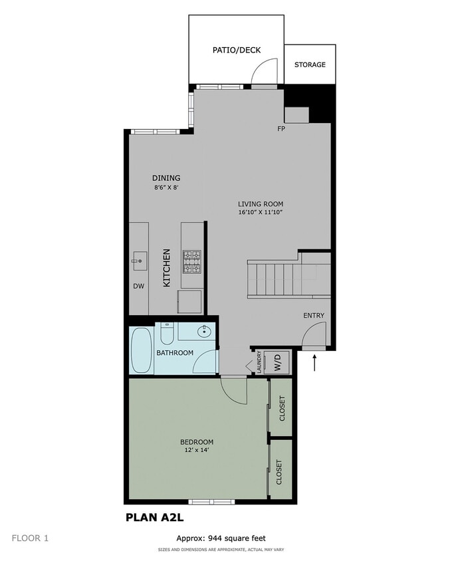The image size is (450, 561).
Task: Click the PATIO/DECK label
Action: [237, 50]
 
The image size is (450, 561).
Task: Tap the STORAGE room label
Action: [310, 65]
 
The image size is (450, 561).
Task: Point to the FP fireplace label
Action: [281, 128]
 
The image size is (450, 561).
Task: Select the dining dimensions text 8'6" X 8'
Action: [166, 188]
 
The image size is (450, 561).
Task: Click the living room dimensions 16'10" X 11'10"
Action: [261, 213]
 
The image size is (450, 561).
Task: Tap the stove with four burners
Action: [192, 262]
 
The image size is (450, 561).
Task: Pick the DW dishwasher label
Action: [138, 287]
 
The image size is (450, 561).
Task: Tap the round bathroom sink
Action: [204, 332]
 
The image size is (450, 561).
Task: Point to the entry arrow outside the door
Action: [314, 363]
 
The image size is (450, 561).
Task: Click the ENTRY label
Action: [314, 316]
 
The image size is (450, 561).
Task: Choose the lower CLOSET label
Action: [279, 473]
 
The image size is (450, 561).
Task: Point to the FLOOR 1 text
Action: [30, 538]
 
